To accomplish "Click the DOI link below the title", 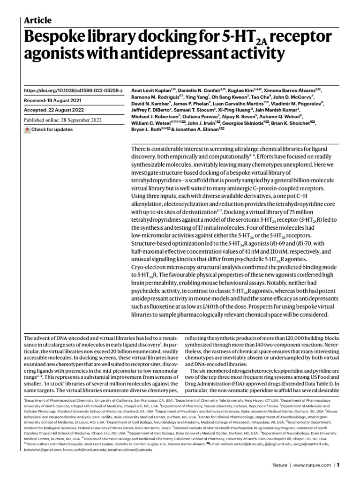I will click(x=73, y=90).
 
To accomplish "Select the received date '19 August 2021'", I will click(x=69, y=100).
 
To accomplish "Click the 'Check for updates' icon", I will click(x=27, y=129).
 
